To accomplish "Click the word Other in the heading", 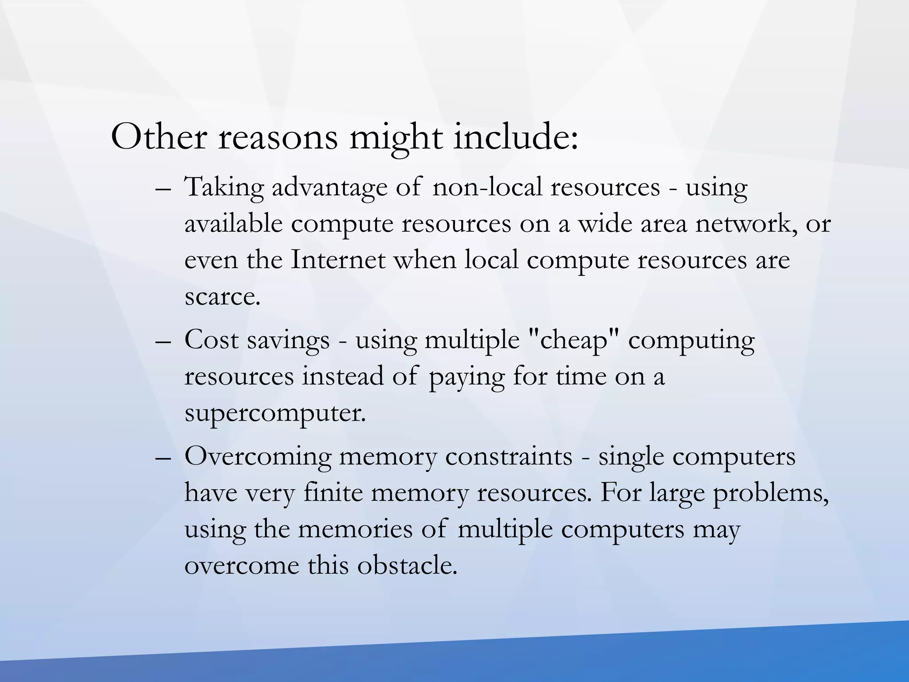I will tap(158, 137).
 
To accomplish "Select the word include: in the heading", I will tap(516, 137).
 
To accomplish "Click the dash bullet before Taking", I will tap(163, 188).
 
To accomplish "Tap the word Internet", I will tap(338, 260).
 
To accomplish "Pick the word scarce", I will tap(222, 297).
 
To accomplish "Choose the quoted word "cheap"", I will tap(573, 341).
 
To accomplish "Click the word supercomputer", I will tap(275, 414).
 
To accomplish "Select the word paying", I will tap(466, 377).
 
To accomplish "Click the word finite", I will tap(333, 493).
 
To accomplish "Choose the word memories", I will tap(355, 529).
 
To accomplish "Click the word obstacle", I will tap(407, 566).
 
